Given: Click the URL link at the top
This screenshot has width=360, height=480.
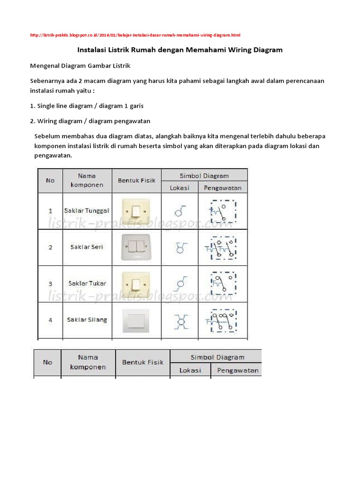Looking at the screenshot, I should coord(135,35).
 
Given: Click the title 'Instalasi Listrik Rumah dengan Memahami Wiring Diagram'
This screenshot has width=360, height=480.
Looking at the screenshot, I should coord(180,50).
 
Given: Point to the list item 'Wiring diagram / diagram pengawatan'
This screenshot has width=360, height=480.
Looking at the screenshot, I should coord(90,121).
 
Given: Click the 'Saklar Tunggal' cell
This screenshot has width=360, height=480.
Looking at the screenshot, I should coord(88,211).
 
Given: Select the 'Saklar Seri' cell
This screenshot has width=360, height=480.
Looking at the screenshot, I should coord(87,247).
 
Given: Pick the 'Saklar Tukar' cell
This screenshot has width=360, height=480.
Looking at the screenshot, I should coord(87,283).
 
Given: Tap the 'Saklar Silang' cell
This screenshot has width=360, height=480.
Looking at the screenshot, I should coord(87,320).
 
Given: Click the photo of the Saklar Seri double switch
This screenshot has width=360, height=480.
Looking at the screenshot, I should coord(136,247).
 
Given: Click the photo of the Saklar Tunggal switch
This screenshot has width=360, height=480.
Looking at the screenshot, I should coord(136,211).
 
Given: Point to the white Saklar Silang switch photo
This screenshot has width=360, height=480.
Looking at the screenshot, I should coord(136,320).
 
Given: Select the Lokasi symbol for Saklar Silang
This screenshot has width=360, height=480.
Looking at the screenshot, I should coord(180,321).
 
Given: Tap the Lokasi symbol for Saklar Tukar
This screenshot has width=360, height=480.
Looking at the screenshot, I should coord(180,284).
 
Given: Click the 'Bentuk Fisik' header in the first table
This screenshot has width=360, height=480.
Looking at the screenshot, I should coord(136,180).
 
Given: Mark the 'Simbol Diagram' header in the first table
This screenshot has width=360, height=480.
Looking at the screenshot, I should coord(204,176).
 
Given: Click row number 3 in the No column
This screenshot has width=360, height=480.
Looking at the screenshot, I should coord(50,284).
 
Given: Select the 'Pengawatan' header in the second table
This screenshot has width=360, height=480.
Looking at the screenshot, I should coord(237,370).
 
